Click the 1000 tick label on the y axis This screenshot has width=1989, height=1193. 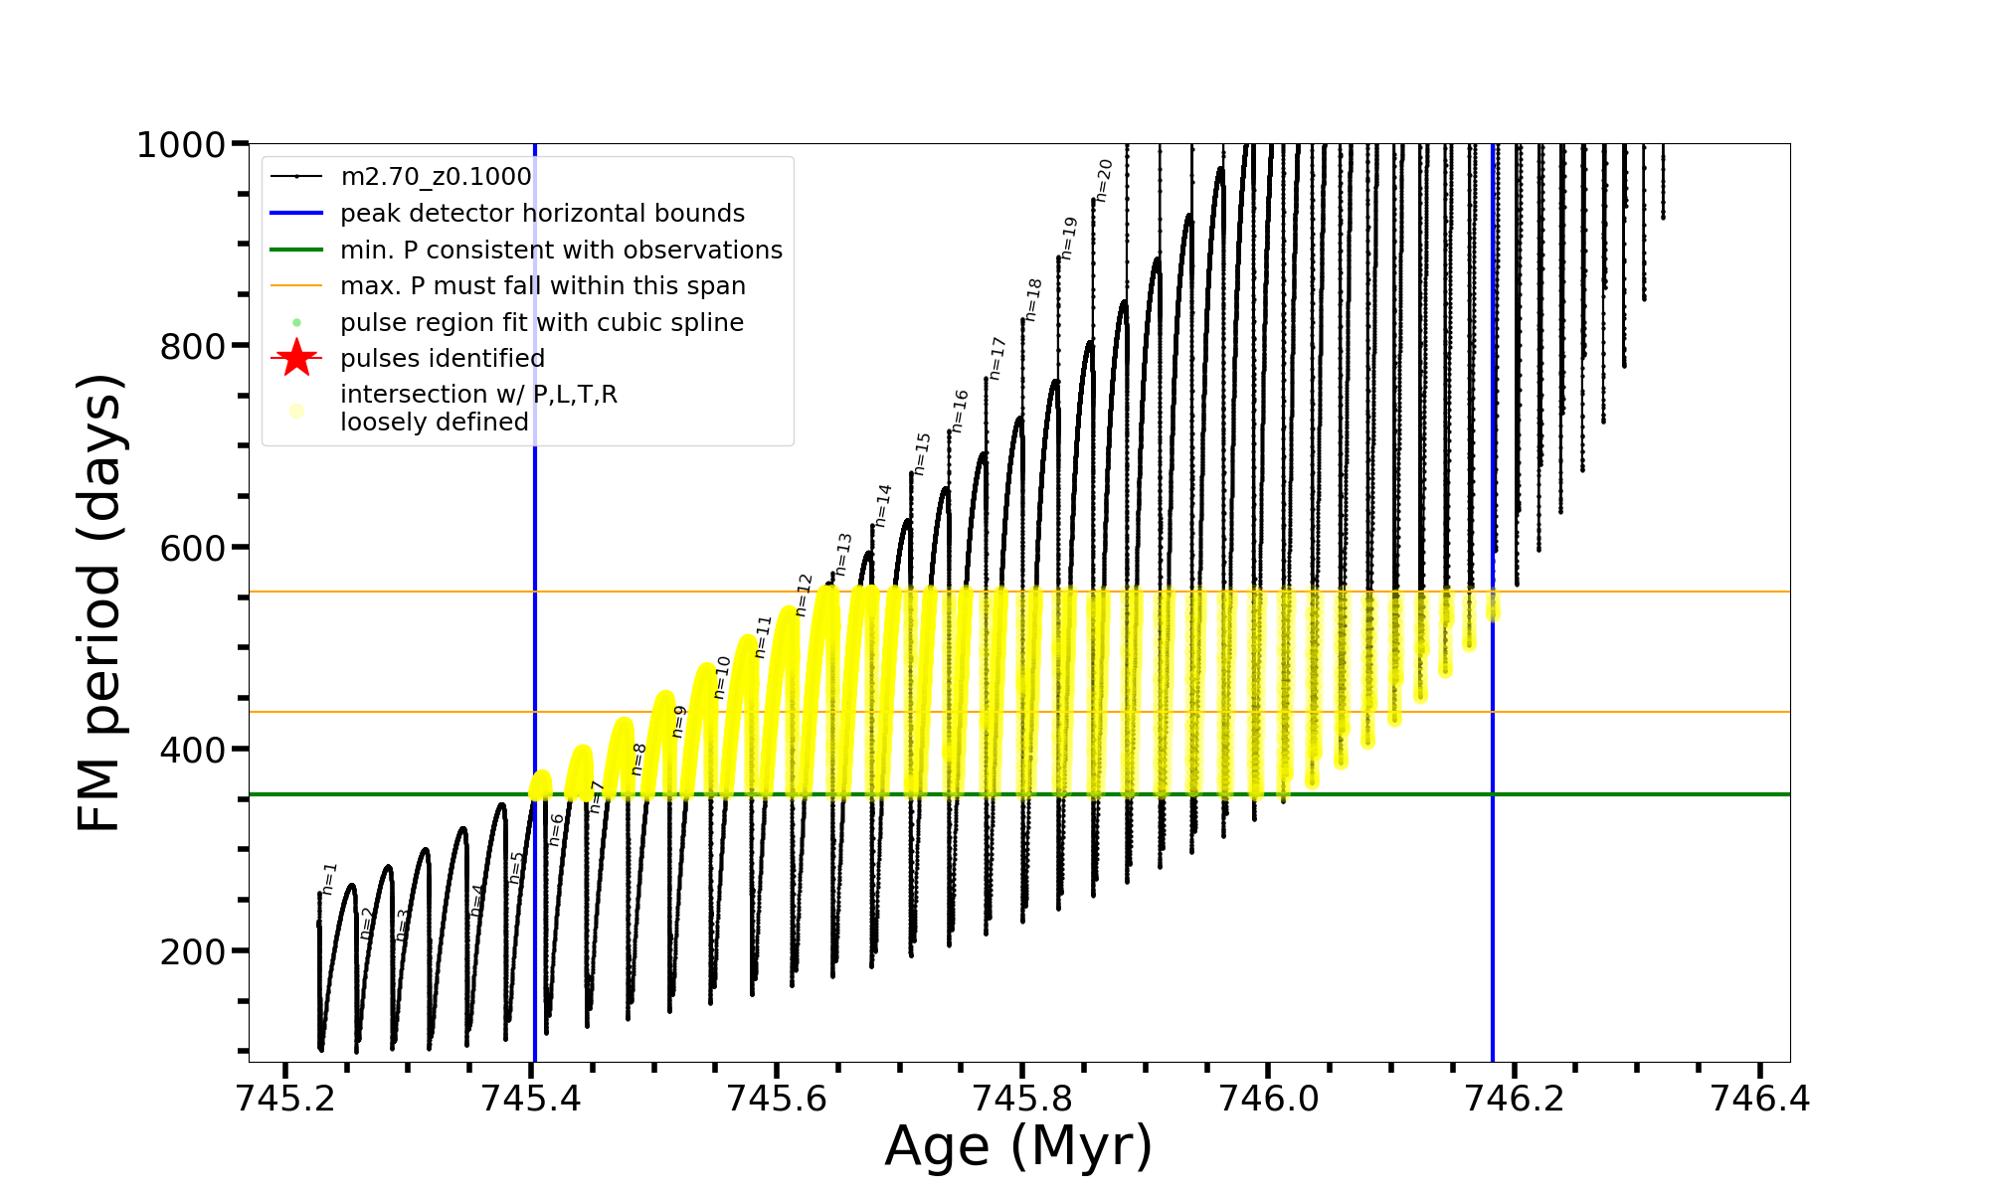[x=180, y=145]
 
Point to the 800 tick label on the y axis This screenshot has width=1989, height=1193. [x=193, y=347]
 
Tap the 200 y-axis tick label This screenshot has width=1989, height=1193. [x=193, y=952]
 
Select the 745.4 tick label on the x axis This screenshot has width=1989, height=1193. [x=531, y=1099]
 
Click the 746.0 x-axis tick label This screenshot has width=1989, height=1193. [x=1268, y=1099]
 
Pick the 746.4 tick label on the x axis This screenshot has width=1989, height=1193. [x=1759, y=1099]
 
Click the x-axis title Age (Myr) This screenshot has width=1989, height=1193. [x=1018, y=1146]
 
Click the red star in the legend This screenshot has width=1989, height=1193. [x=296, y=358]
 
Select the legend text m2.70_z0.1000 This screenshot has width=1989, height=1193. [x=436, y=177]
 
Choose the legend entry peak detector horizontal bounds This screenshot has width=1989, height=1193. [x=542, y=214]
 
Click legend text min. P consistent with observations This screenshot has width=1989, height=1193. [x=561, y=250]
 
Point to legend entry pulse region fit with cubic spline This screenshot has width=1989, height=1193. [x=541, y=322]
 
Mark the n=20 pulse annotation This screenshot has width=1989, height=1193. [x=1104, y=180]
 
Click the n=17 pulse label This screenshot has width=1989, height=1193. [x=997, y=358]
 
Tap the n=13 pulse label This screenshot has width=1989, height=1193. [x=843, y=554]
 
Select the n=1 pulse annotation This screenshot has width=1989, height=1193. [x=329, y=879]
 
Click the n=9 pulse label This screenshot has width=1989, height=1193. [x=679, y=721]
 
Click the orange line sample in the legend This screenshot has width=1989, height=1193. [x=296, y=286]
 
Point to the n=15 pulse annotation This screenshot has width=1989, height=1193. [x=922, y=453]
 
